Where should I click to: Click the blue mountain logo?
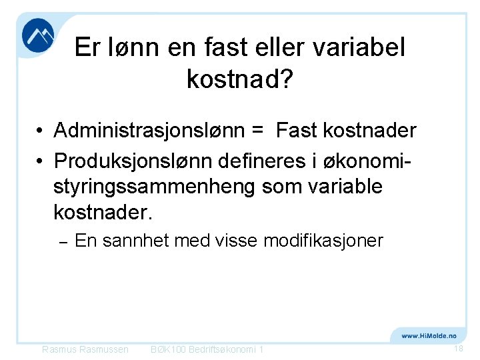pyautogui.click(x=37, y=36)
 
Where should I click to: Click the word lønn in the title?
pyautogui.click(x=131, y=48)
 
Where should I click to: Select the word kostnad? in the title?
pyautogui.click(x=239, y=79)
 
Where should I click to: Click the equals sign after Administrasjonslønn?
pyautogui.click(x=259, y=131)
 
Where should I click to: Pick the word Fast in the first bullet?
pyautogui.click(x=297, y=131)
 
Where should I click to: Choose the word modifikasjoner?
pyautogui.click(x=323, y=240)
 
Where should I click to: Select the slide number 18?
pyautogui.click(x=458, y=349)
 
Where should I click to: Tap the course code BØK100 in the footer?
pyautogui.click(x=169, y=350)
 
